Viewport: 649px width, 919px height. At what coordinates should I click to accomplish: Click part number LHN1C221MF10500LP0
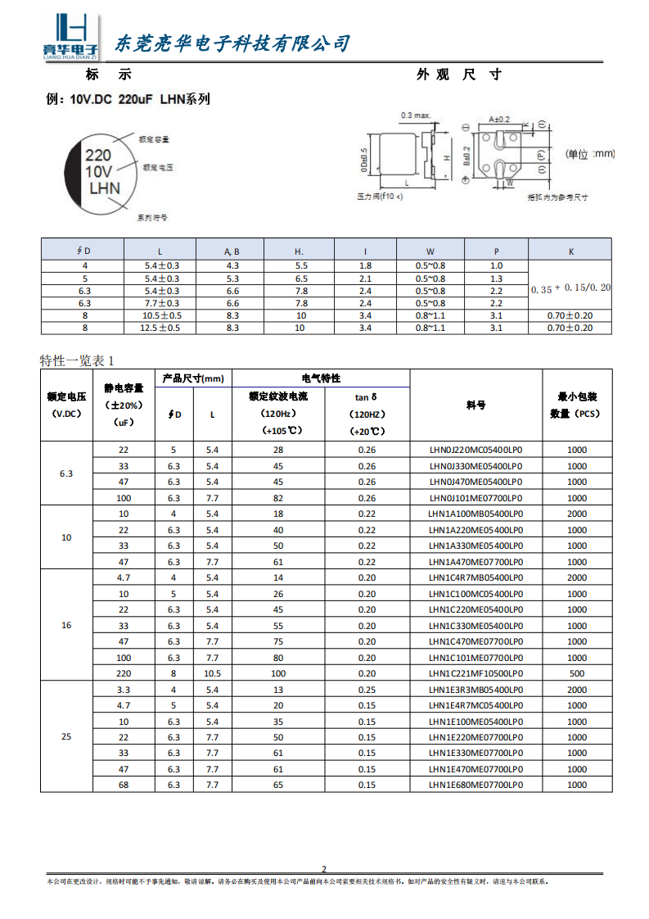coord(475,673)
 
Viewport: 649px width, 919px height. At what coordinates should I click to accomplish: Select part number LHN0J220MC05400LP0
coord(475,450)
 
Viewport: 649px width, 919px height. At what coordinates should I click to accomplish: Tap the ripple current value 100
coord(278,673)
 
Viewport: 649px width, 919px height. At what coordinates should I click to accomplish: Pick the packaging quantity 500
coord(576,673)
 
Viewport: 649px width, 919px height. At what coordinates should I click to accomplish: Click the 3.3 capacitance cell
coord(124,690)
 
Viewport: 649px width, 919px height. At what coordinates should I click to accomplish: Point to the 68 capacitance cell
coord(124,785)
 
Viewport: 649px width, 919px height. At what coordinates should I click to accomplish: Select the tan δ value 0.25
coord(367,690)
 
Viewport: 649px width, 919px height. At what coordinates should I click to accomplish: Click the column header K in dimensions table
coord(570,251)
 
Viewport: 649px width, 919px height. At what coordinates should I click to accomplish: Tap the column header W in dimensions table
coord(430,251)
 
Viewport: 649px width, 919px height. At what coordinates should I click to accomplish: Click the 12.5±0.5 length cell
coord(160,328)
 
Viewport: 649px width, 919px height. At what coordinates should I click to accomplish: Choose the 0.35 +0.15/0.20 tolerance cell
coord(570,288)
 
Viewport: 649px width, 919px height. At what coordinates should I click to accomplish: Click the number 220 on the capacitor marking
coord(99,156)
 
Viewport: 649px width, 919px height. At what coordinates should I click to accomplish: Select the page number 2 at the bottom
coord(324,869)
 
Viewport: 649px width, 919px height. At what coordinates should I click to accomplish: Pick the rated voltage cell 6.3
coord(66,473)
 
